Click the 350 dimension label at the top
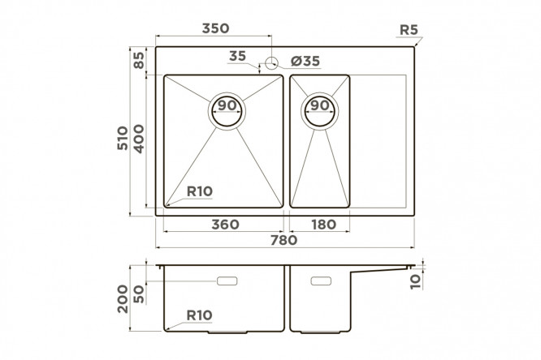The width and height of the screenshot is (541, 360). coord(215,28)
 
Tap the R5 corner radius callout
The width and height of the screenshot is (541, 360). coord(409,30)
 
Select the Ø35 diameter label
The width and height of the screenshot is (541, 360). coord(305,61)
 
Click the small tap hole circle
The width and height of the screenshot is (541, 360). coord(272,62)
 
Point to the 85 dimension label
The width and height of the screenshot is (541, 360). coord(139,60)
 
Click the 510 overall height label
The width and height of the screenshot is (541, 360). coord(122,138)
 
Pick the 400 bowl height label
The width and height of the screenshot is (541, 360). coord(139,139)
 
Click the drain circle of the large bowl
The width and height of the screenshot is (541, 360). coord(227,111)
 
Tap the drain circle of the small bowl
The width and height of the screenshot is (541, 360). coord(320,111)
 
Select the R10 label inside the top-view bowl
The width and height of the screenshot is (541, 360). coord(200,191)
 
